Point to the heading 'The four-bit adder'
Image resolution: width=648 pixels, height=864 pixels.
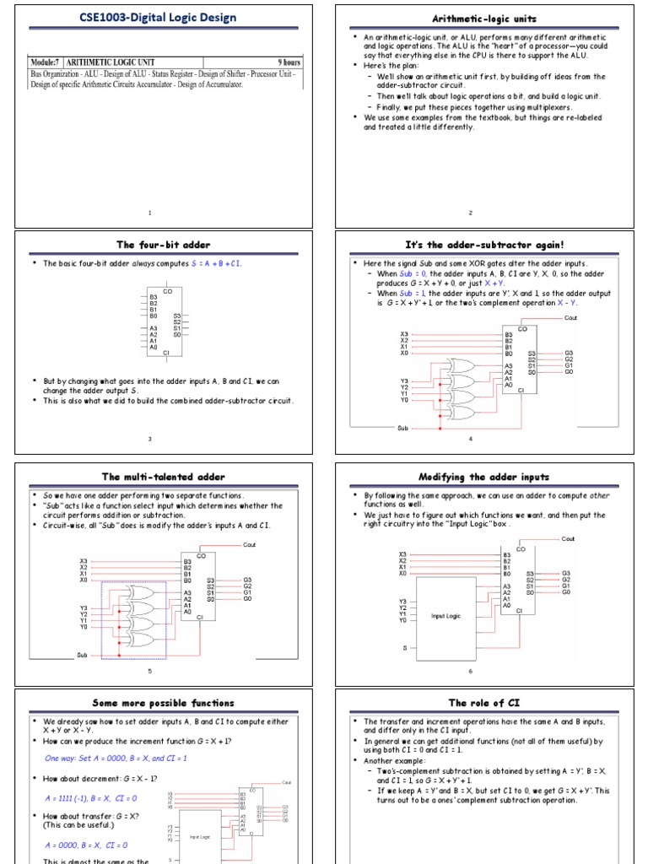click(163, 245)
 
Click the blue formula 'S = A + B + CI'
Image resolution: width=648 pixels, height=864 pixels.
click(216, 263)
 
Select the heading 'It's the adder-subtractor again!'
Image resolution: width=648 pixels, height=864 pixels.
click(484, 245)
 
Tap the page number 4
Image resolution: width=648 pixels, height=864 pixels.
click(471, 439)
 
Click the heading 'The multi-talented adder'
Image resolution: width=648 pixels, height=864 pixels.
click(163, 477)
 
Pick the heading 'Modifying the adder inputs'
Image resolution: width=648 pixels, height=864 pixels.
click(484, 477)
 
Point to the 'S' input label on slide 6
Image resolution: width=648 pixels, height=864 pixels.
click(404, 648)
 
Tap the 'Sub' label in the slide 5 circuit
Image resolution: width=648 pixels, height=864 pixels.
click(83, 655)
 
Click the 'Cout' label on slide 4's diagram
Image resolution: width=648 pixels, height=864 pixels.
click(571, 318)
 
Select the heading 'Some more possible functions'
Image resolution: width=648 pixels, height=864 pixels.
click(163, 703)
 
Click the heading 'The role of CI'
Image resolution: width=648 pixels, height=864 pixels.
click(484, 703)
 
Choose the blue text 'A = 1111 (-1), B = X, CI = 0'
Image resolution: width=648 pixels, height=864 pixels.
click(90, 797)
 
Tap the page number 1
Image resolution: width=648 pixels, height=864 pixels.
click(149, 213)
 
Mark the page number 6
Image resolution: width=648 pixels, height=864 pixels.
click(471, 671)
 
